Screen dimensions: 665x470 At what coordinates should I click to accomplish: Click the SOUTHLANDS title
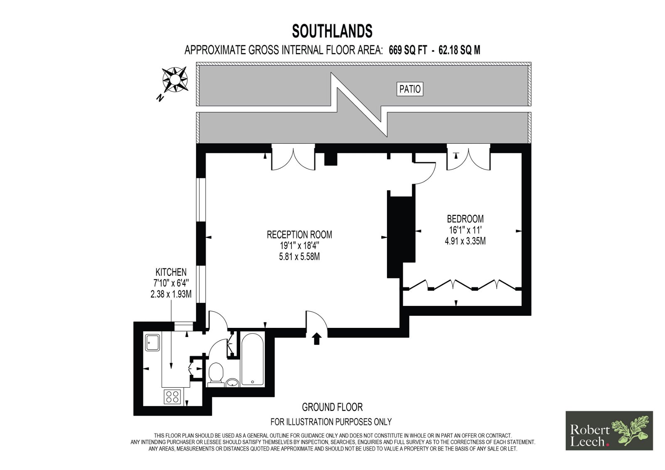pyautogui.click(x=332, y=31)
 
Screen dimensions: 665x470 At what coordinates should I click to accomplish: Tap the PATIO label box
pyautogui.click(x=410, y=89)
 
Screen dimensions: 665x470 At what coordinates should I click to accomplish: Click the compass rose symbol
pyautogui.click(x=175, y=79)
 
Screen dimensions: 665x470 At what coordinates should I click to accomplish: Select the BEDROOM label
pyautogui.click(x=465, y=219)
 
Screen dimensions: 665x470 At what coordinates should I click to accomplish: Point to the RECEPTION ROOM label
pyautogui.click(x=299, y=234)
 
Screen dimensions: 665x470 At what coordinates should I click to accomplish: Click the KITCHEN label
pyautogui.click(x=171, y=272)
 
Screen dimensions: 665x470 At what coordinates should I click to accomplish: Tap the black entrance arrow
pyautogui.click(x=317, y=339)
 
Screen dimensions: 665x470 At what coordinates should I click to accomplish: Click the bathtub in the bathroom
pyautogui.click(x=252, y=360)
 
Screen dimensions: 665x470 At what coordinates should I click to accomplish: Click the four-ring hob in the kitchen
pyautogui.click(x=173, y=396)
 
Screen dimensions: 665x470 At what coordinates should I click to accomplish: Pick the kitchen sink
pyautogui.click(x=153, y=342)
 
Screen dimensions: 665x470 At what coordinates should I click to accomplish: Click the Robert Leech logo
pyautogui.click(x=609, y=431)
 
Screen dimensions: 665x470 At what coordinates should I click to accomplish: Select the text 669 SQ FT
pyautogui.click(x=408, y=50)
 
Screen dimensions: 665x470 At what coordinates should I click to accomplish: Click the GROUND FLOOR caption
pyautogui.click(x=332, y=407)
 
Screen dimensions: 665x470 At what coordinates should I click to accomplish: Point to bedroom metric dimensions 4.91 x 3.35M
pyautogui.click(x=465, y=241)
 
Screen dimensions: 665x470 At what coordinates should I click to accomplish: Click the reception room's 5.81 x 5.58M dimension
pyautogui.click(x=299, y=256)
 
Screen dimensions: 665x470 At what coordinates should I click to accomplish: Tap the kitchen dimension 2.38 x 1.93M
pyautogui.click(x=171, y=294)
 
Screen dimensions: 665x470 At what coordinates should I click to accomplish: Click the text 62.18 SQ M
pyautogui.click(x=459, y=50)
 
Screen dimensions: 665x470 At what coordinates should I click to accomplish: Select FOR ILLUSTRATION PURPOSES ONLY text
pyautogui.click(x=331, y=422)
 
